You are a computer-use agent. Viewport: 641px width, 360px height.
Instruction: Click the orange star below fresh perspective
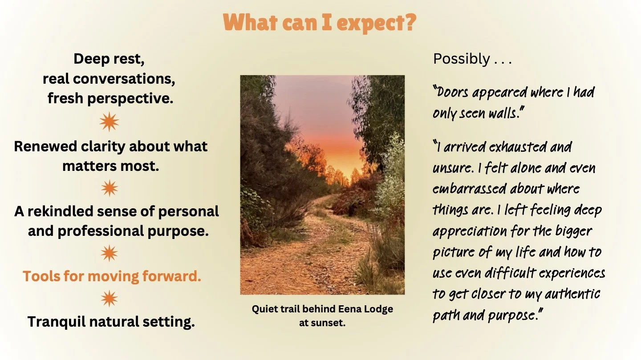tap(110, 122)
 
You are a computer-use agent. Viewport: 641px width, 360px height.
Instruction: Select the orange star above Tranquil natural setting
tap(110, 299)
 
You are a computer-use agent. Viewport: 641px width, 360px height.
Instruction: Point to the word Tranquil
tap(57, 322)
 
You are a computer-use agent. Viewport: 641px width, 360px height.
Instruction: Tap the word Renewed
tap(45, 146)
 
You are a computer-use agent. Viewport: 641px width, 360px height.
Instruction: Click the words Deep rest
tap(109, 59)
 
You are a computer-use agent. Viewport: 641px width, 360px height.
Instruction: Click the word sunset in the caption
tap(327, 323)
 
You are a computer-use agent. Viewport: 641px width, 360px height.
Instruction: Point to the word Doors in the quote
tap(451, 93)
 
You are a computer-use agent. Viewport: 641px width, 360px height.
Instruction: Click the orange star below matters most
tap(110, 188)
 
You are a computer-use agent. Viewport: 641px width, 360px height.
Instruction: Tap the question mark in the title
tap(410, 22)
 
